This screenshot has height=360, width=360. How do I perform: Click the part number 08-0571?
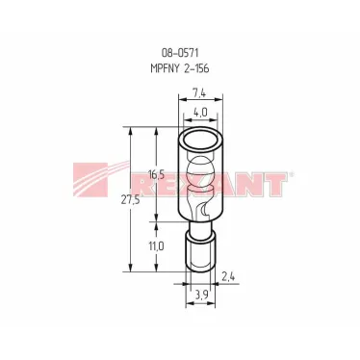[180, 53]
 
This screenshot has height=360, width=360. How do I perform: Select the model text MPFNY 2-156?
[180, 68]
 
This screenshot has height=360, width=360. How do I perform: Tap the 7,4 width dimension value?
[199, 93]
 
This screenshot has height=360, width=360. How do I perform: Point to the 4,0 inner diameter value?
[200, 113]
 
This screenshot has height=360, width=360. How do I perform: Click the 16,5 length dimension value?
[156, 175]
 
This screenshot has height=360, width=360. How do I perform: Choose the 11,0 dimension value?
[157, 246]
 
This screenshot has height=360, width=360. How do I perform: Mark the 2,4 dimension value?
[228, 276]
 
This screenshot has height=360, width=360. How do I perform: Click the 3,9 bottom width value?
[201, 294]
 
